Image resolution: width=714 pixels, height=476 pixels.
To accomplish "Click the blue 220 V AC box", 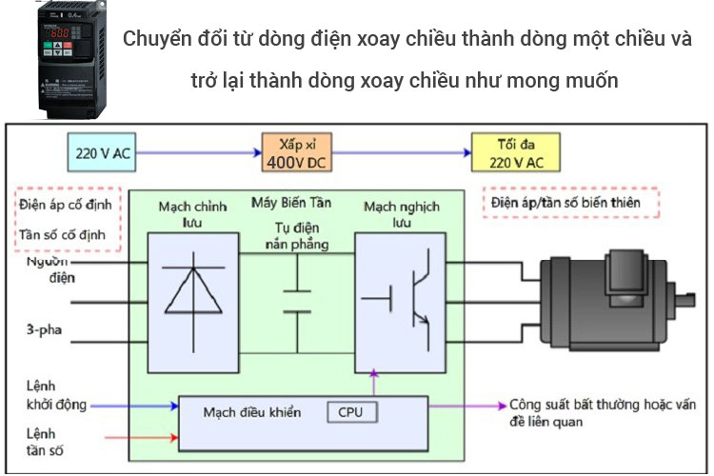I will (x=102, y=152).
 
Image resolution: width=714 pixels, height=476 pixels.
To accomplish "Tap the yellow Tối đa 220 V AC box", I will (x=515, y=151).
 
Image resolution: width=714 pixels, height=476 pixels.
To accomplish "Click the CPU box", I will (x=351, y=411).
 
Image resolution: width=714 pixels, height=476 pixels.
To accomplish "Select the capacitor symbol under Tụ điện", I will (x=297, y=301).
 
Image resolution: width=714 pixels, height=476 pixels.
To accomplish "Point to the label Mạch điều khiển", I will (x=252, y=412).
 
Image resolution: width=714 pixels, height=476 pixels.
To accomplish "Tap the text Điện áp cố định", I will (x=64, y=207).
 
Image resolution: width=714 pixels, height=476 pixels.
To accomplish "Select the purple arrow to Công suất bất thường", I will (x=466, y=406).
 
